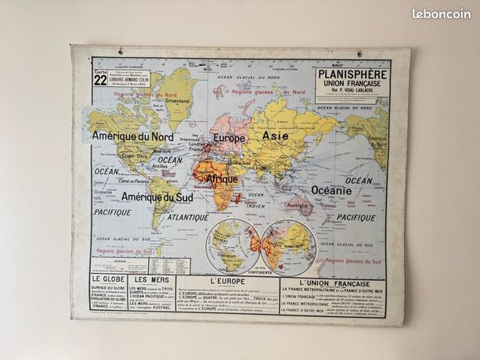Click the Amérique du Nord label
point(132,136)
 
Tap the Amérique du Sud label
point(157,197)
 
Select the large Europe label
point(229,139)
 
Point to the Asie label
point(275,135)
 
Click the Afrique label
point(222,179)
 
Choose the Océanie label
point(331,190)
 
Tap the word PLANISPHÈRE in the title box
point(351,74)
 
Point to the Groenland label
point(177,100)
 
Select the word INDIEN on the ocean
point(257,206)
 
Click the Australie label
point(298,206)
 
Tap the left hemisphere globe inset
point(232,245)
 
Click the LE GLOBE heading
point(108,279)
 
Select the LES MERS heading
point(151,279)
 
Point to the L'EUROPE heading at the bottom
point(228,281)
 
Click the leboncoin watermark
point(442,13)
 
